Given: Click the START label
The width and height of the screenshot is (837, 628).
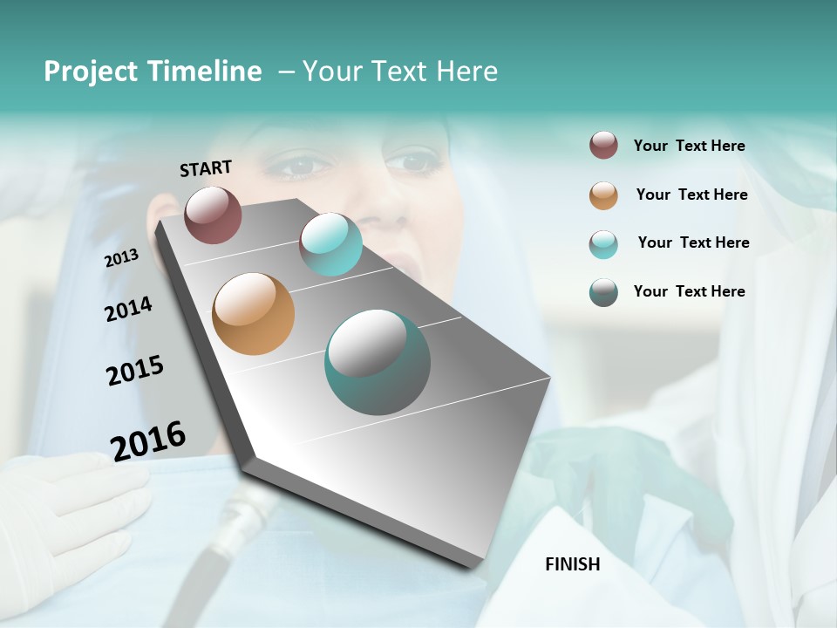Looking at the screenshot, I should coord(206,168).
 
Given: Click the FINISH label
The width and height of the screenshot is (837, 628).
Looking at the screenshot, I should coord(573,564).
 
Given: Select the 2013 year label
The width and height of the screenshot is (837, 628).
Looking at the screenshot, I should coord(122,258).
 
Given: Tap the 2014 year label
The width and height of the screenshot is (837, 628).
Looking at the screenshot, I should coord(128,310).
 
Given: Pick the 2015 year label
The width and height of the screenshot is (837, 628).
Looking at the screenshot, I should coord(135,371).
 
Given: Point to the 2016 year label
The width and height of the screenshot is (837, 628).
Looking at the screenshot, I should coord(148,440).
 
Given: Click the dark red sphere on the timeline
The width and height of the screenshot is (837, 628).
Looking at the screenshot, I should coord(214,215).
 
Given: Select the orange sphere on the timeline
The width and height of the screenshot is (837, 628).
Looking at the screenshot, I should coord(254,314).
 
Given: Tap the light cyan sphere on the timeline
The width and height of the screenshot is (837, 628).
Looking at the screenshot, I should coord(330,244).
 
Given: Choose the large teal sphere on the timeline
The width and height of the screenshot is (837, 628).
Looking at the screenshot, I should coord(378,363).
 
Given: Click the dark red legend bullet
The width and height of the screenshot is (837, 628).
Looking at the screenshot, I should coord(603,146).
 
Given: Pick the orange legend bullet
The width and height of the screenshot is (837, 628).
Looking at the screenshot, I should coord(603,195).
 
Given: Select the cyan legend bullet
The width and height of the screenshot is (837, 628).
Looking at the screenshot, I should coord(603,244).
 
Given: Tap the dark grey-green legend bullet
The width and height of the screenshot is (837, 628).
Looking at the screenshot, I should coord(603,292).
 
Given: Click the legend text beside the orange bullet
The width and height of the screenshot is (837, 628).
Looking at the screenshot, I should coord(691,195).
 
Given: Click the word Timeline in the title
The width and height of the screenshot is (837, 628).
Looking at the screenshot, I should coord(204,72).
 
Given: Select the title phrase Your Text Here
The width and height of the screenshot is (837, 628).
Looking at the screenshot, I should coord(400,72).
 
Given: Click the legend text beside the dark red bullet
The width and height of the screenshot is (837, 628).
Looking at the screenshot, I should coord(689,146).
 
